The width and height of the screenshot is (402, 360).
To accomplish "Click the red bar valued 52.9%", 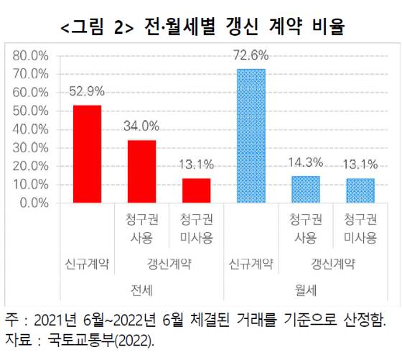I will pos(87,154).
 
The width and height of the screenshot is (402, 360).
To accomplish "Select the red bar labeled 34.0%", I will pos(141,171).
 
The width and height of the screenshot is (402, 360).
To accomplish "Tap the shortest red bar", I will pos(196,190).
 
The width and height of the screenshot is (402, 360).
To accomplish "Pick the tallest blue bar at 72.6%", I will pos(251,136).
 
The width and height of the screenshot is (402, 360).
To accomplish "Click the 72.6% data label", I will pos(251,55).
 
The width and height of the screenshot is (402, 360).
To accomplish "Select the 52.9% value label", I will pos(87,91).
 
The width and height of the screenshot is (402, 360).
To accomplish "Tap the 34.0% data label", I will pos(141,126).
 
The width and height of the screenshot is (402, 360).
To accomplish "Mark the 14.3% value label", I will pos(305,162).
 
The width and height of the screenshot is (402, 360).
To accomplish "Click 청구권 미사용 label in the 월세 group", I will pos(360,229).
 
